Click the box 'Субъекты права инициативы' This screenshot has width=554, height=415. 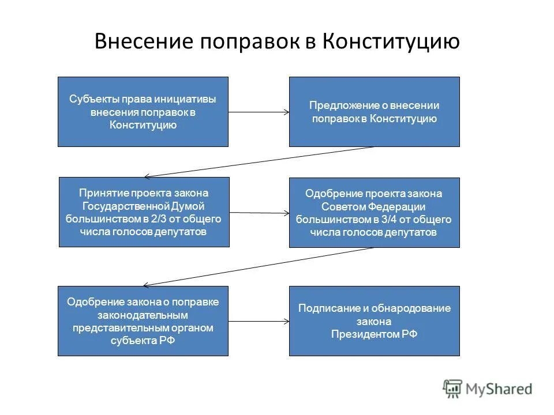[143, 111]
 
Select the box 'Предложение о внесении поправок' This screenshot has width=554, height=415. [374, 111]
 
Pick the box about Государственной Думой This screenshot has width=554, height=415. [144, 212]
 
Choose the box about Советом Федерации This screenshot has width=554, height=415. [374, 212]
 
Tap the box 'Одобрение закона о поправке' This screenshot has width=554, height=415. [143, 320]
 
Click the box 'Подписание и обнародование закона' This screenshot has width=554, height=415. [374, 320]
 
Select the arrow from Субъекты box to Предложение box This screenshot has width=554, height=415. [259, 112]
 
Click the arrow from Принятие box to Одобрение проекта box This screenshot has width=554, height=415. [259, 213]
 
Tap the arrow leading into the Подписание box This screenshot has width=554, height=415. [259, 321]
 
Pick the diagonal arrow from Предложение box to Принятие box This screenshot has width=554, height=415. [260, 161]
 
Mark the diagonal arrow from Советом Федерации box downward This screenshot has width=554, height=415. [260, 266]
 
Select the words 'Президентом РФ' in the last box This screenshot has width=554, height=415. [374, 333]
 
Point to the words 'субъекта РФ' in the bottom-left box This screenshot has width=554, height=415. [143, 340]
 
